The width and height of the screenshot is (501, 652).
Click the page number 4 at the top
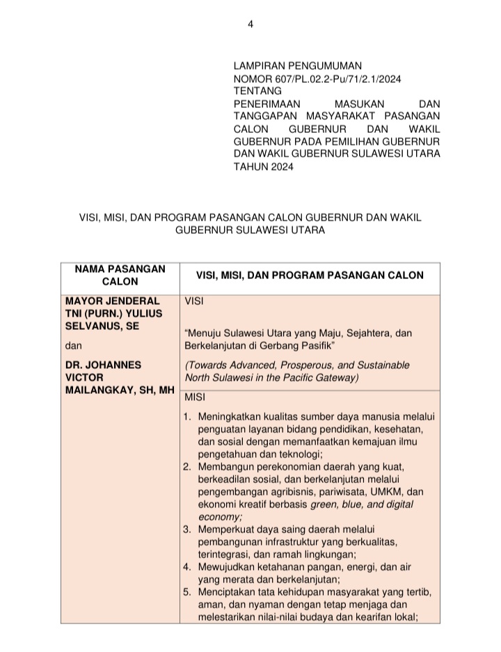coord(250,25)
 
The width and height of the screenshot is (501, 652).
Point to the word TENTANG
coord(257,90)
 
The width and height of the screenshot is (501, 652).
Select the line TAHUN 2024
coord(263,166)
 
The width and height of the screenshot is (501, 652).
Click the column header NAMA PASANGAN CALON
coord(120,275)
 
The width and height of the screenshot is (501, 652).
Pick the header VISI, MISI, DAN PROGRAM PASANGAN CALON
coord(310,275)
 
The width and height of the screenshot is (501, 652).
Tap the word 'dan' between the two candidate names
coord(72,346)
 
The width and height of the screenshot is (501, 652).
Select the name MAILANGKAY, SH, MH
coord(119,390)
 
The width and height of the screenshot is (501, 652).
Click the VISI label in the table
coord(194,302)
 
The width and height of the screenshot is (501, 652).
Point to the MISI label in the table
coord(194,397)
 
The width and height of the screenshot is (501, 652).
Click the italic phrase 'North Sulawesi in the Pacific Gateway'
coord(271,378)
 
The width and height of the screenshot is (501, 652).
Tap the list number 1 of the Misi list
coord(186,418)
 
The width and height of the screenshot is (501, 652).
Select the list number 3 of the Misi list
coord(186,530)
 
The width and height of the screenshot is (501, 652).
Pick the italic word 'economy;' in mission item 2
coord(220,516)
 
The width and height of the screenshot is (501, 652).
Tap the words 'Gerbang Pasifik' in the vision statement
coord(301,345)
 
